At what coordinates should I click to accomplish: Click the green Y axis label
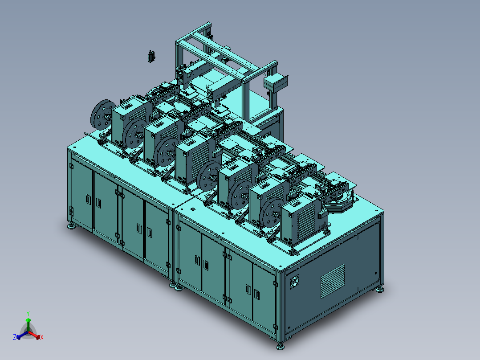28,313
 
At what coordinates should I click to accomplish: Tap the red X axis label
42,337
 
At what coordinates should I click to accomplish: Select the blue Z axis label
15,337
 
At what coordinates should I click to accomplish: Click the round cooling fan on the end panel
294,281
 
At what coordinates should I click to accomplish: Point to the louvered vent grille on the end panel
333,281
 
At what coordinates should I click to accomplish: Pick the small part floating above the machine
151,57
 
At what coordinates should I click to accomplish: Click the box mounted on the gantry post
276,82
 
